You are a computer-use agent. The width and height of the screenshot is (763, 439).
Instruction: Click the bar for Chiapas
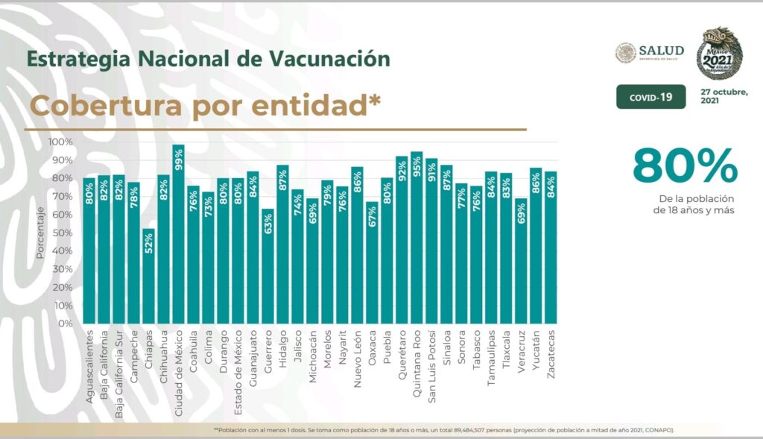[x=149, y=276]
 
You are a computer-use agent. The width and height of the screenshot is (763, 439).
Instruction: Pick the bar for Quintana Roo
[x=417, y=239]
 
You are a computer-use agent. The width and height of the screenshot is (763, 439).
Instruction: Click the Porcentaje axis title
[x=40, y=233]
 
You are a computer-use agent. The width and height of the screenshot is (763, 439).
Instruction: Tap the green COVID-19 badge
[x=650, y=97]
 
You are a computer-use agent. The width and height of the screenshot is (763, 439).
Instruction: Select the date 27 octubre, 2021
[x=724, y=96]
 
